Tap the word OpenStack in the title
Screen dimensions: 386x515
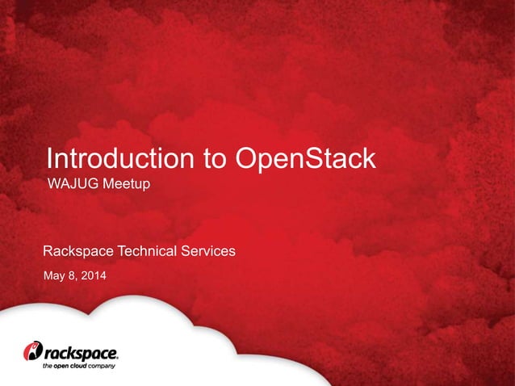[x=305, y=159]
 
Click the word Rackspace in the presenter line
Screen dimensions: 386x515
[x=78, y=251]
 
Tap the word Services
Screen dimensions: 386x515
[x=208, y=251]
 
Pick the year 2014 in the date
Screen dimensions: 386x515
[x=91, y=278]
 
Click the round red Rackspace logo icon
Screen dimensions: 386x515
[x=31, y=351]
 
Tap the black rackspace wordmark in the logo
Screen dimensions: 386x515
[x=81, y=353]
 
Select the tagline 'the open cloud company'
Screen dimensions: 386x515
[x=78, y=366]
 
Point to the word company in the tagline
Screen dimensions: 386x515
[x=103, y=366]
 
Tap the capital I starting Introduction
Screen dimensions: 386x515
[x=49, y=158]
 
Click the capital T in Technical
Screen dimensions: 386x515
[x=122, y=251]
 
